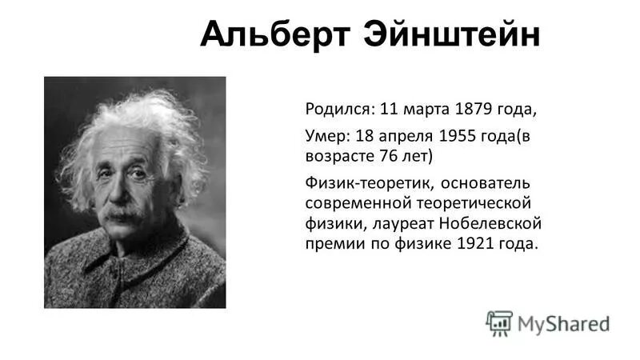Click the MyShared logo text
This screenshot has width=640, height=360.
click(563, 324)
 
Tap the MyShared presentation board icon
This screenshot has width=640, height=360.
click(499, 322)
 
